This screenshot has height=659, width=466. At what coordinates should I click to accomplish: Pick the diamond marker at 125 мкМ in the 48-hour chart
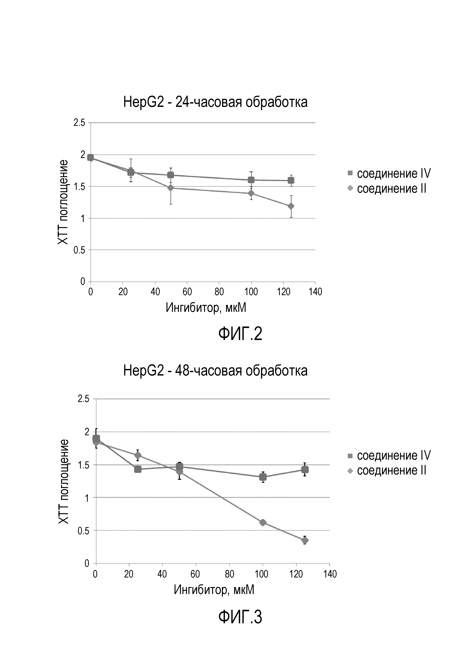305,540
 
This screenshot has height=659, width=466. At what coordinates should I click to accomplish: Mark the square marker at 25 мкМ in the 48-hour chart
138,469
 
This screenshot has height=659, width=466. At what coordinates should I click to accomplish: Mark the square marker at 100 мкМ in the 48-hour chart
263,477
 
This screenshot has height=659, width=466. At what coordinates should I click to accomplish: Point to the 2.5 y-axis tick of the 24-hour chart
79,123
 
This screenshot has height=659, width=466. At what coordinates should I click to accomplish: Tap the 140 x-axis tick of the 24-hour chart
315,292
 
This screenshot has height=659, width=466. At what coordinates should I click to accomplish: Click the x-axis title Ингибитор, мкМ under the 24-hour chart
206,308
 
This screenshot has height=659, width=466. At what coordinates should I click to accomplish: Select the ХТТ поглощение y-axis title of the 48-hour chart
64,481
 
